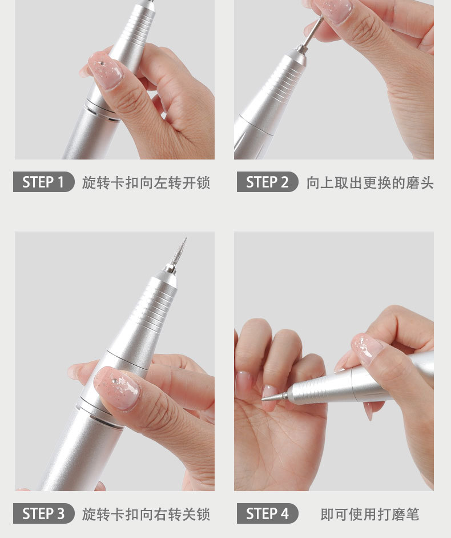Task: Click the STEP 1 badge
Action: point(43,182)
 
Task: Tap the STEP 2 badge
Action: point(267,182)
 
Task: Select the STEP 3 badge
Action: point(43,513)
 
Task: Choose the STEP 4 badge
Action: point(267,513)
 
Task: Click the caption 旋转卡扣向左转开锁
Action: point(146,182)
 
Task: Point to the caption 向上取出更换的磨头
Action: point(370,182)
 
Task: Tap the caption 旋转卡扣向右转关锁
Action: point(146,514)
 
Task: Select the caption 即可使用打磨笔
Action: point(370,514)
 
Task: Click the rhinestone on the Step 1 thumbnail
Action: point(101,63)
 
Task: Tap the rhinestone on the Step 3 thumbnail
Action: point(114,381)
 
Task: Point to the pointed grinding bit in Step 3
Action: point(179,252)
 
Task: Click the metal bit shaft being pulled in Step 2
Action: point(312,33)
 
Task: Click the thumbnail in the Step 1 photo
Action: point(105,71)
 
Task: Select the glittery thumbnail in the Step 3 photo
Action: point(117,388)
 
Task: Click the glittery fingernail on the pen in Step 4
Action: point(368,348)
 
